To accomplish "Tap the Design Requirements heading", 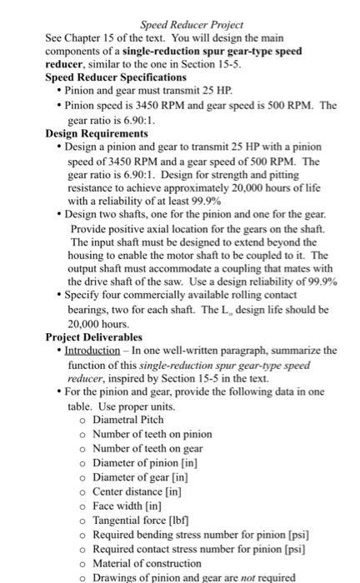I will [97, 132].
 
